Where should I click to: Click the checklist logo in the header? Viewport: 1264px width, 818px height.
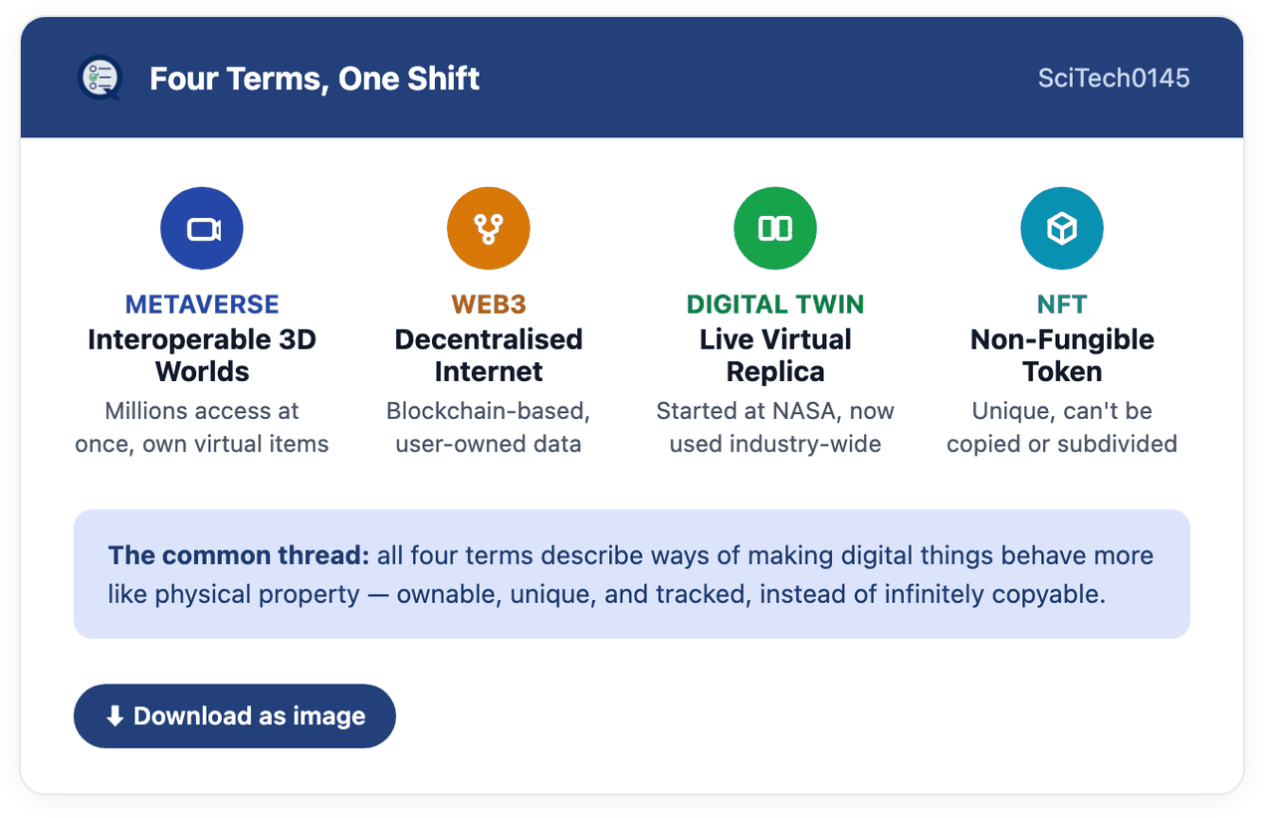point(101,78)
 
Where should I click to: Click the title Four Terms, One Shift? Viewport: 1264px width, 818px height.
point(315,79)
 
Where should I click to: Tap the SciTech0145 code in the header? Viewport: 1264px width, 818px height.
point(1114,78)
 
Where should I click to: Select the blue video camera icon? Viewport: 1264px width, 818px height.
point(202,229)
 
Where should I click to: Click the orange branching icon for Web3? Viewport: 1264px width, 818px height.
point(489,229)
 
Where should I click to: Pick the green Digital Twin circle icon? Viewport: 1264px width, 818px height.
point(775,229)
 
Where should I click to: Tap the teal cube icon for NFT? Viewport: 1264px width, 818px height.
point(1062,229)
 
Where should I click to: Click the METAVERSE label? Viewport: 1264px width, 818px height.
point(202,305)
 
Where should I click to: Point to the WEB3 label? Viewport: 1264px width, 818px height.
point(489,305)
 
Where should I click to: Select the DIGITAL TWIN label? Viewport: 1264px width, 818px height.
point(775,305)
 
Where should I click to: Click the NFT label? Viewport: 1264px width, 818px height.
point(1062,305)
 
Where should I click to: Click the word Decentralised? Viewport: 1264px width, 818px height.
point(489,339)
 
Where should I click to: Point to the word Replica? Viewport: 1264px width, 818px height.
point(775,372)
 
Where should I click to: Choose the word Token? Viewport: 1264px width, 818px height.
point(1062,372)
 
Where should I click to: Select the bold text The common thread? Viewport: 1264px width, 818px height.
point(239,555)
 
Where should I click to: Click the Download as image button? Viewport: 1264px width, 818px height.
point(235,716)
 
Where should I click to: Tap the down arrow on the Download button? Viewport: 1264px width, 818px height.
point(115,716)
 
